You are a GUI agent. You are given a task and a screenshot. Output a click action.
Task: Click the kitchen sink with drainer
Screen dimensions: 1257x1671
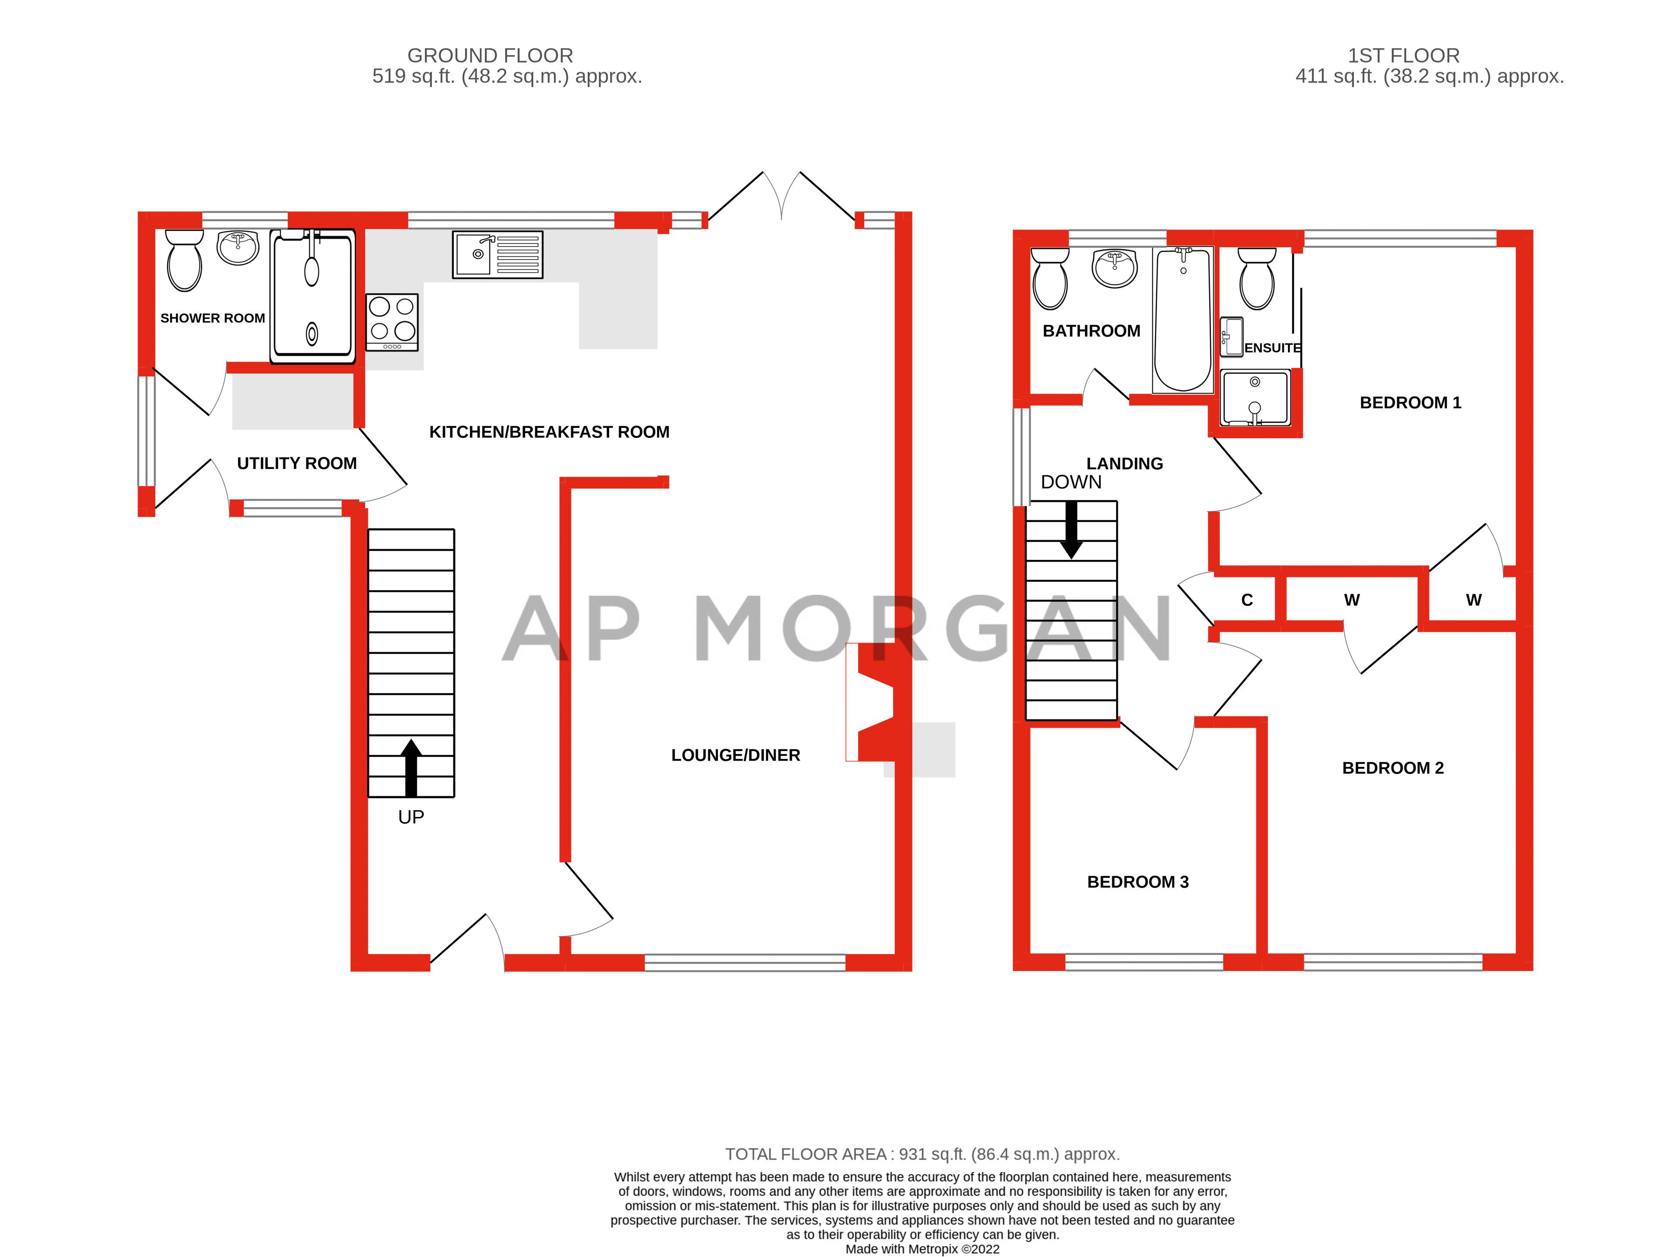497,255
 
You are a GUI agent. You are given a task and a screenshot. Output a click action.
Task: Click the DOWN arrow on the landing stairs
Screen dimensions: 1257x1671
1071,530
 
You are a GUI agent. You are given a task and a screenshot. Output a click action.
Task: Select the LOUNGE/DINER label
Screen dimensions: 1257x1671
735,754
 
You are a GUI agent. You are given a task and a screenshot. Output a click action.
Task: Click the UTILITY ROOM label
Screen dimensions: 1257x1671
297,463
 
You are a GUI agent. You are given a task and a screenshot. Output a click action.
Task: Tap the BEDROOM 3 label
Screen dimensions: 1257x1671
1138,882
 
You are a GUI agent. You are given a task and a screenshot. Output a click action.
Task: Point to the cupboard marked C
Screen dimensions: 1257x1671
1246,600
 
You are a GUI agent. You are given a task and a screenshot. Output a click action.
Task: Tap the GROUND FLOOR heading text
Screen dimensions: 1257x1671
490,55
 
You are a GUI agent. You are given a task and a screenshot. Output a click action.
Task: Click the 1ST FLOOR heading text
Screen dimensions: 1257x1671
1404,55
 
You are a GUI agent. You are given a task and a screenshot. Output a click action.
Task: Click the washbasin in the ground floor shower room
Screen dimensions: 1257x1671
237,247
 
